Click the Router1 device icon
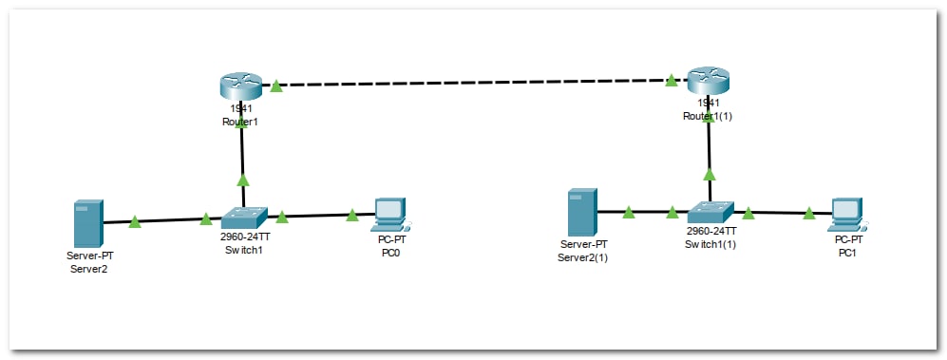click(x=241, y=85)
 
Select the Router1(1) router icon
click(x=709, y=81)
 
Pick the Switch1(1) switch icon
click(x=710, y=213)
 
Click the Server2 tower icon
click(x=88, y=223)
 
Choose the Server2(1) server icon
click(x=582, y=212)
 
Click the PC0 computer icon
click(x=390, y=215)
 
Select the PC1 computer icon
click(x=846, y=214)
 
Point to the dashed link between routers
click(x=475, y=82)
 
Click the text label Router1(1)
click(x=708, y=117)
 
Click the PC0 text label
click(x=390, y=253)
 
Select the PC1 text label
click(x=847, y=253)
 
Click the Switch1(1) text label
click(x=710, y=245)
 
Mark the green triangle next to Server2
click(x=135, y=221)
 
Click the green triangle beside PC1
click(x=808, y=213)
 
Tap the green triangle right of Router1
click(x=276, y=86)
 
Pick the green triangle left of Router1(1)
click(x=671, y=81)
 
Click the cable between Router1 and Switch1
click(x=242, y=153)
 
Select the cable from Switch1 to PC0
click(x=321, y=215)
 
